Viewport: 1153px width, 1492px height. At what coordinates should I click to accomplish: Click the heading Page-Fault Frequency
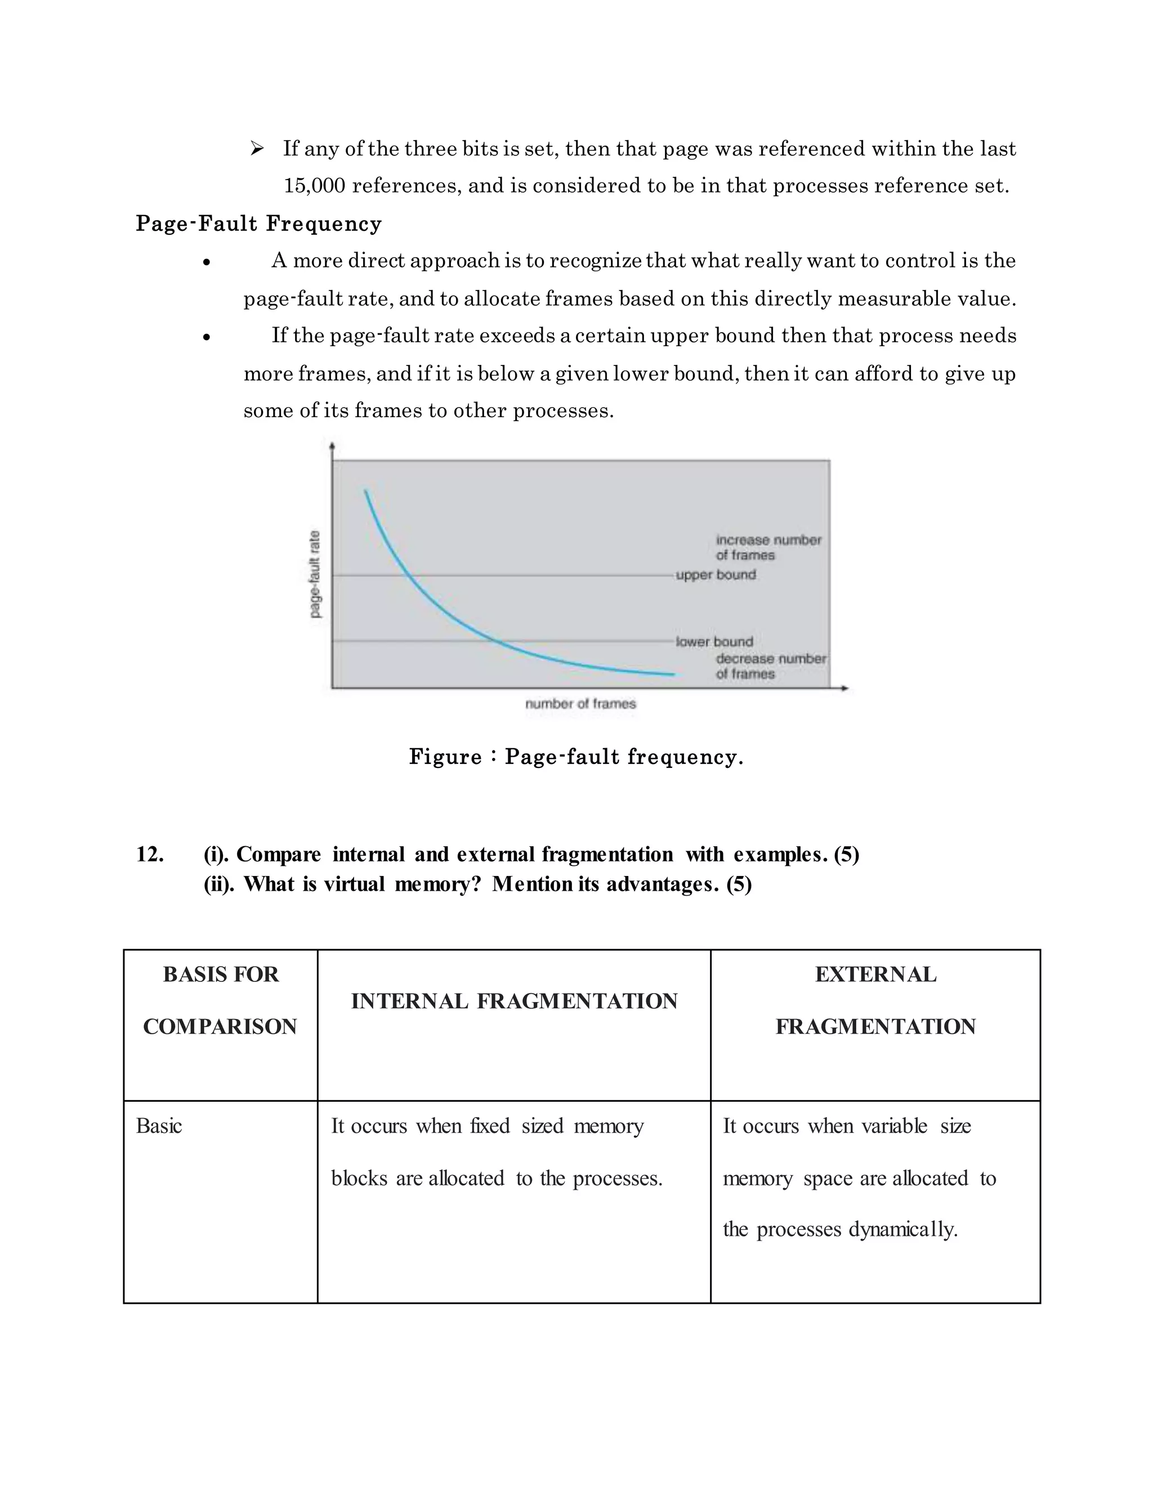258,224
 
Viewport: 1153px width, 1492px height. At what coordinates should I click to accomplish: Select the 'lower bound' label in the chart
714,641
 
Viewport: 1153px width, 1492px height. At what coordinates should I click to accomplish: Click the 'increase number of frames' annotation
768,547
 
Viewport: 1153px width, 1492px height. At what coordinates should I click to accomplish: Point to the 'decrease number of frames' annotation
771,666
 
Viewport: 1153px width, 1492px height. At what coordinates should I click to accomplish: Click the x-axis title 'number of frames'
580,704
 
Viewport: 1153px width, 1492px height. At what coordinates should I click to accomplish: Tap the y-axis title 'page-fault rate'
315,574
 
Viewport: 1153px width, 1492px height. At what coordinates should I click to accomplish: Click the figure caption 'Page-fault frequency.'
576,757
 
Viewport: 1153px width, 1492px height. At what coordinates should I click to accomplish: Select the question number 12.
150,855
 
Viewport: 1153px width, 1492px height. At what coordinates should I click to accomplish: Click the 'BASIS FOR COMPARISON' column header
220,1000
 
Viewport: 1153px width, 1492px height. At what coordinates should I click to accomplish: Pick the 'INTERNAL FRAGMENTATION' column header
513,1002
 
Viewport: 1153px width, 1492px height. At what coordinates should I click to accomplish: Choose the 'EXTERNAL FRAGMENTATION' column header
875,1000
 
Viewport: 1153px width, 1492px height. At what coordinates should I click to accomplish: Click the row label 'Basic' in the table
158,1126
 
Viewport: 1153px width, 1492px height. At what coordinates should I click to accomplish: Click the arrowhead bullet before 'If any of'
257,148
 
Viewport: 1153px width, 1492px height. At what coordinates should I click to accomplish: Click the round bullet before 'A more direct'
206,262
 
